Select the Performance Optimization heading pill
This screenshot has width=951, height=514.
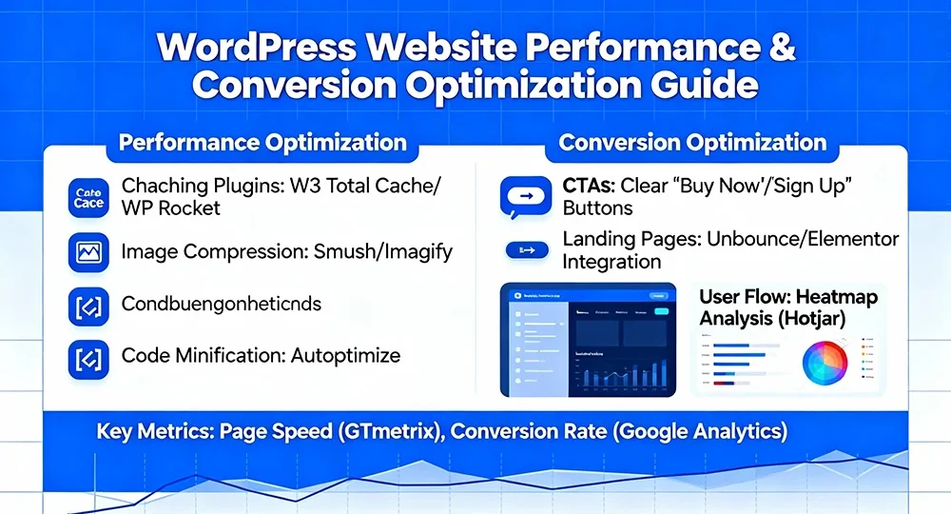(262, 144)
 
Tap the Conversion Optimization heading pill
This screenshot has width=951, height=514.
(692, 144)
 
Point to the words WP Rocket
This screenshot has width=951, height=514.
(171, 208)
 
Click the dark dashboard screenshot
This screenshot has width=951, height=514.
(588, 340)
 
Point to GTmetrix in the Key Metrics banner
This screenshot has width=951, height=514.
(388, 431)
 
